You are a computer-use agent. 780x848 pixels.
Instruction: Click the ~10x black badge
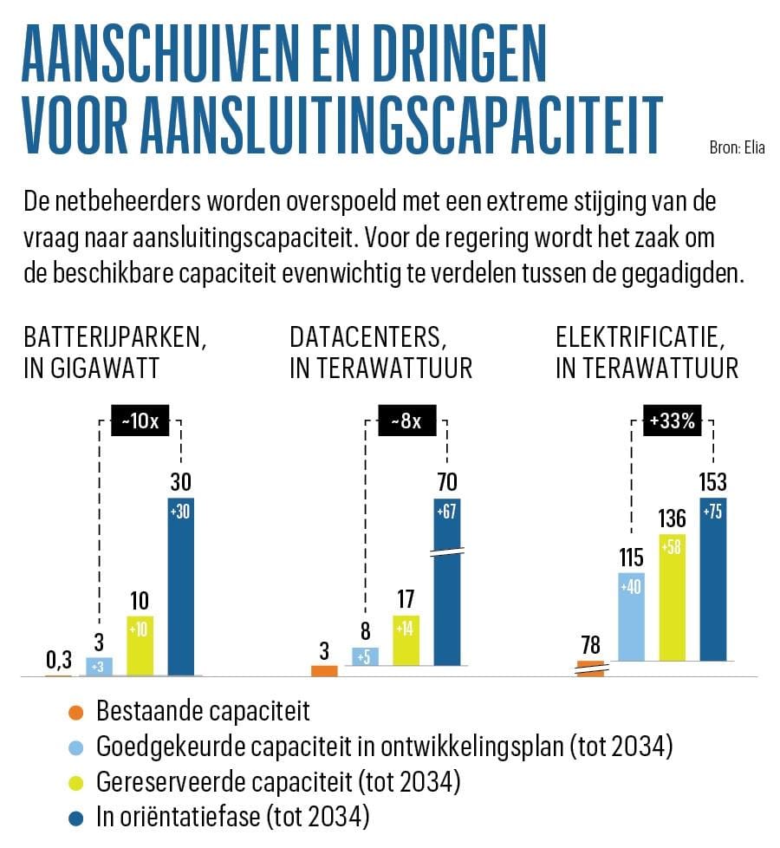tap(140, 421)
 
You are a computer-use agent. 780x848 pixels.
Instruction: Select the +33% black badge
tap(672, 421)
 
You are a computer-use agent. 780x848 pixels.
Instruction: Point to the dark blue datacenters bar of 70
tap(448, 590)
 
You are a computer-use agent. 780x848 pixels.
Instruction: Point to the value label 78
tap(591, 645)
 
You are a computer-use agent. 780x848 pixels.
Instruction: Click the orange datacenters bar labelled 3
tap(324, 669)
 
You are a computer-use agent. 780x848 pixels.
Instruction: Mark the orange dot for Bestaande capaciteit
tap(76, 714)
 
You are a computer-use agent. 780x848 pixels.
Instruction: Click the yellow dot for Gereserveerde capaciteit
tap(76, 783)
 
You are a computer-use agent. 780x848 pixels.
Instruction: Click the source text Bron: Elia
tap(737, 147)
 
